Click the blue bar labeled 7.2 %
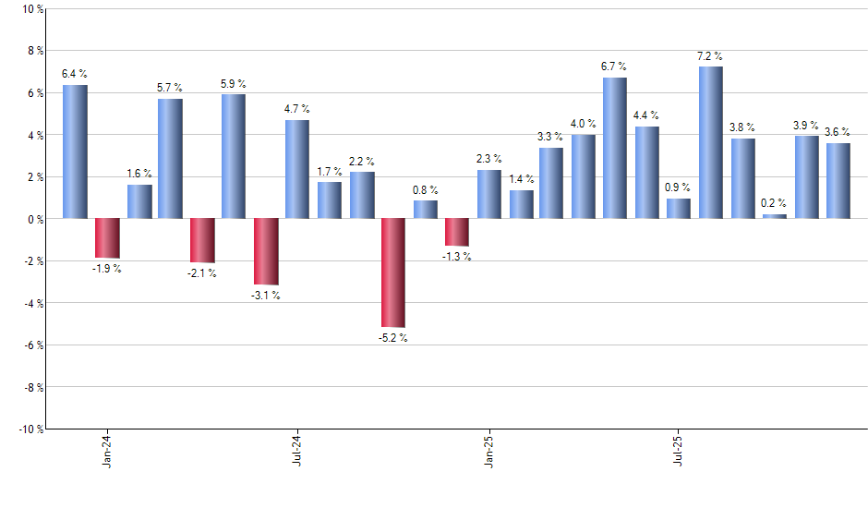(x=711, y=143)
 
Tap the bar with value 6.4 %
(x=75, y=152)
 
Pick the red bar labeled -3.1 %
(x=266, y=251)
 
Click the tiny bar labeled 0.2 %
(x=775, y=216)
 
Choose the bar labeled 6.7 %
(x=615, y=148)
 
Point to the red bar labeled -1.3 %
(x=457, y=232)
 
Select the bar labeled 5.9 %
(x=234, y=156)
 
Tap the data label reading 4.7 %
(x=297, y=109)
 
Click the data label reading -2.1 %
(x=202, y=273)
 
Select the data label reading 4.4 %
(x=646, y=115)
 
